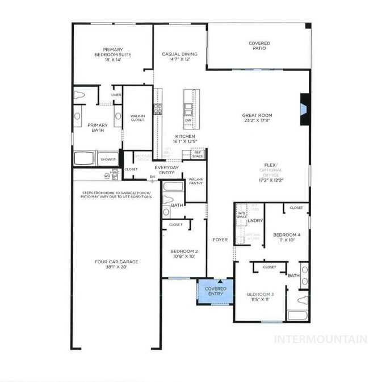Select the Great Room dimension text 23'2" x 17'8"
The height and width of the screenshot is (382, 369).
click(257, 120)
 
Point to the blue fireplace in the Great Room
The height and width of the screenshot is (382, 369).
click(304, 108)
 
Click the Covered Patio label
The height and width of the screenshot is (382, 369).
click(259, 46)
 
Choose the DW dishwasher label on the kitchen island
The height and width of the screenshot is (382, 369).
click(188, 120)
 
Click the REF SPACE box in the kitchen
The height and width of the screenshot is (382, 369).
click(198, 153)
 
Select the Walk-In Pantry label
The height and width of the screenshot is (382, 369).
click(196, 181)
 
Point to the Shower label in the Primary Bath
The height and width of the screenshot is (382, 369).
click(108, 159)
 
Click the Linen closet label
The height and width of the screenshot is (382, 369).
click(116, 95)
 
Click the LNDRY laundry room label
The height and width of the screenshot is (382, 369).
click(255, 220)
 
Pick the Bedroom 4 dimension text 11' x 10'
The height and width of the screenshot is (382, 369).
click(287, 240)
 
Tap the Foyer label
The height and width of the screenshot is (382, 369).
click(220, 240)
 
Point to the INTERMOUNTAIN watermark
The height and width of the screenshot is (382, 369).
click(320, 339)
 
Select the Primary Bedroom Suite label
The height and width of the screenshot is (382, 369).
click(112, 52)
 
